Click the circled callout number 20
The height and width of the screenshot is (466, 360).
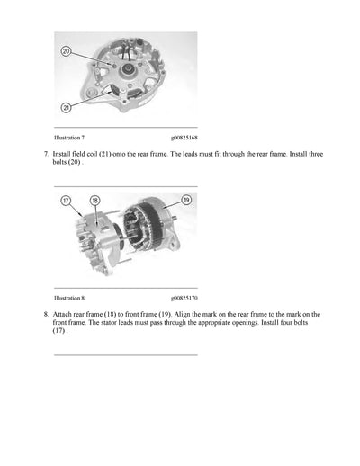point(66,52)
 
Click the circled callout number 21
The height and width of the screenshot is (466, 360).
point(66,107)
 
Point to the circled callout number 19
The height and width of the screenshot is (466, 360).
point(186,200)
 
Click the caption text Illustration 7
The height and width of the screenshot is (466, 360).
point(69,138)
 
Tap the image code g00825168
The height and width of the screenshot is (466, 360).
point(184,138)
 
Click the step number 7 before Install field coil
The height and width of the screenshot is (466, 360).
point(45,155)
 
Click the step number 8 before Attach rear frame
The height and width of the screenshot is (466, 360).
point(45,313)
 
